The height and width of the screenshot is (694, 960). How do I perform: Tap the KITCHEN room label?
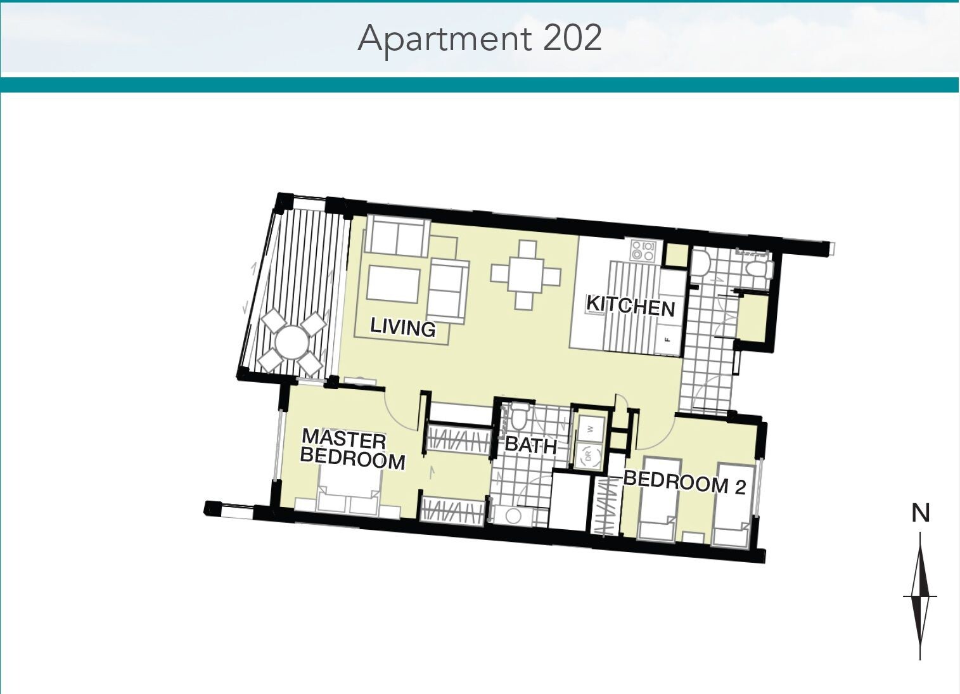[x=630, y=306]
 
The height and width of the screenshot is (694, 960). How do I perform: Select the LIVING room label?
[x=402, y=328]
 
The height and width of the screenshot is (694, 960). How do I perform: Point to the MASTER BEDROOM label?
[x=353, y=449]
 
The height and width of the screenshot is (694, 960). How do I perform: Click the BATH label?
[x=530, y=446]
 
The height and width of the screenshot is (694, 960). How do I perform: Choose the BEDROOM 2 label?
[x=684, y=483]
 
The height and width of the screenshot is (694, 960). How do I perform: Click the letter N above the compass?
[x=920, y=513]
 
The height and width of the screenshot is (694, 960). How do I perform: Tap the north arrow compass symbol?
[x=919, y=596]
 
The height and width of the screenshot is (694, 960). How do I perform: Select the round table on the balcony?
[x=292, y=342]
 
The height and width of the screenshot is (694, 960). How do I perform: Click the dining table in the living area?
[x=525, y=275]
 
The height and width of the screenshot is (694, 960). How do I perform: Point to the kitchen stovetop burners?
[x=643, y=251]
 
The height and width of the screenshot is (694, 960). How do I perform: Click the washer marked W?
[x=591, y=429]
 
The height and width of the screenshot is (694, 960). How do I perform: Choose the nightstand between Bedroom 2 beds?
[x=693, y=538]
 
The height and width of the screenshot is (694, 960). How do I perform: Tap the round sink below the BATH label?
[x=513, y=517]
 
